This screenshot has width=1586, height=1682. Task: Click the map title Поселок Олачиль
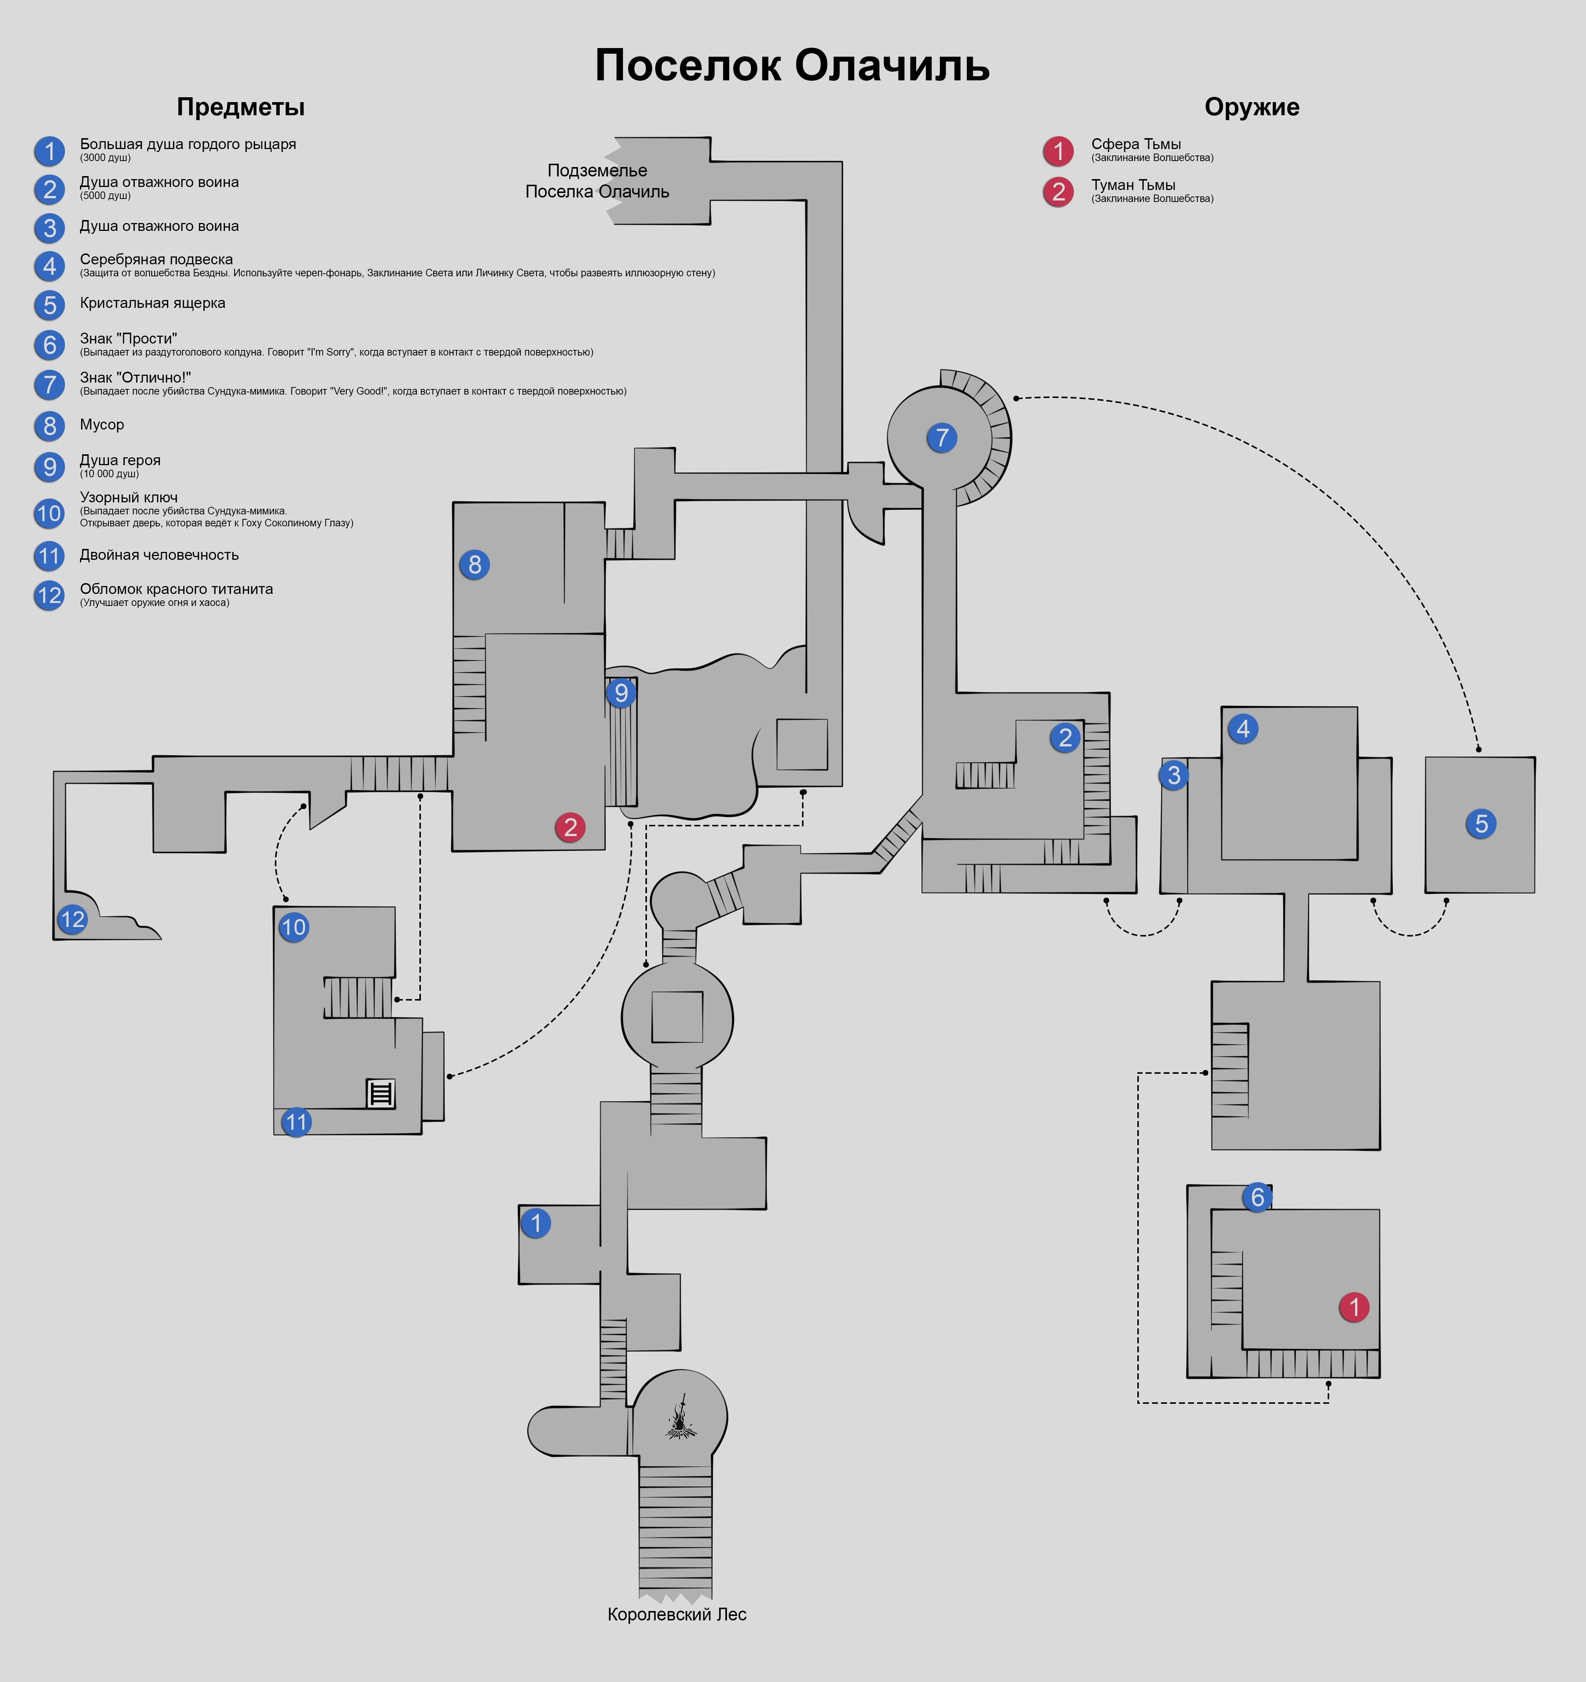click(792, 66)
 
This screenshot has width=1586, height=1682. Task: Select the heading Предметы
click(240, 107)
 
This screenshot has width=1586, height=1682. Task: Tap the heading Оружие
click(1252, 107)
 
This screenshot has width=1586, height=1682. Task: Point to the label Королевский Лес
click(677, 1614)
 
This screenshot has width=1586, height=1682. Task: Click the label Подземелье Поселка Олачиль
click(597, 181)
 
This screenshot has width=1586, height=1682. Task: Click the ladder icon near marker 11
click(381, 1093)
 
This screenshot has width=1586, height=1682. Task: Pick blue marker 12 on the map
click(73, 919)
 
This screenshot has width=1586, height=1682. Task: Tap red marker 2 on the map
click(570, 827)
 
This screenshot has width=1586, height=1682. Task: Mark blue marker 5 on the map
click(1481, 823)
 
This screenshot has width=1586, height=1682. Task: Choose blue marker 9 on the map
click(621, 693)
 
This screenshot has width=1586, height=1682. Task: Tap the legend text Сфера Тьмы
click(1136, 144)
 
